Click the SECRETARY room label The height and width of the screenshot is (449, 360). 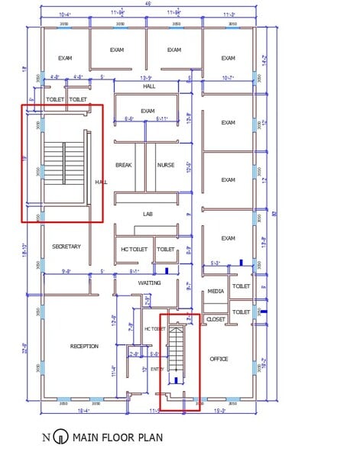(66, 247)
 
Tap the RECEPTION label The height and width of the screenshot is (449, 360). (84, 346)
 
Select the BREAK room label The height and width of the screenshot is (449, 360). (124, 165)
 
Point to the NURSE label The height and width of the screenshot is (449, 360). (166, 165)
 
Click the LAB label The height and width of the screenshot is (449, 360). (148, 214)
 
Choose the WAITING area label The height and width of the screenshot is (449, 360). (149, 283)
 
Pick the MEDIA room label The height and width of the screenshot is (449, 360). (216, 292)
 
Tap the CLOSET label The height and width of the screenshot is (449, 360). (216, 319)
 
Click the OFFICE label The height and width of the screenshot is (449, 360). (219, 358)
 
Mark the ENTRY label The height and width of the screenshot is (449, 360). (156, 369)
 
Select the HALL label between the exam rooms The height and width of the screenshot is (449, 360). (150, 86)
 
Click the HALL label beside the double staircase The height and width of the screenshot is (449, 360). (101, 183)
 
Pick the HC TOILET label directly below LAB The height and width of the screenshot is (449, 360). (134, 249)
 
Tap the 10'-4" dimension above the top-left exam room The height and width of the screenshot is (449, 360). (66, 15)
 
